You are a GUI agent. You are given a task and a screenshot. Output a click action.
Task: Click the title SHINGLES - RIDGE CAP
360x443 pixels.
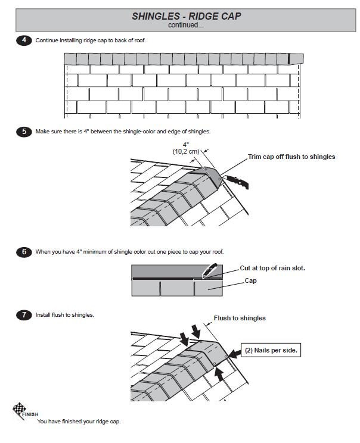click(187, 16)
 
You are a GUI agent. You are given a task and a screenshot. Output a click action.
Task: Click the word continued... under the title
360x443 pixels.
click(186, 25)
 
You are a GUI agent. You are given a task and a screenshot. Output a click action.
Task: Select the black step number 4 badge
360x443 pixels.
click(24, 40)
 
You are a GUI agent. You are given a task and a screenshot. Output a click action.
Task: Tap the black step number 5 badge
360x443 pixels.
click(24, 132)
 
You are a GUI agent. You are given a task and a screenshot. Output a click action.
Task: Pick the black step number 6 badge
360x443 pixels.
click(24, 252)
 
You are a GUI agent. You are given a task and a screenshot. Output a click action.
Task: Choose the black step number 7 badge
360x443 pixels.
click(24, 315)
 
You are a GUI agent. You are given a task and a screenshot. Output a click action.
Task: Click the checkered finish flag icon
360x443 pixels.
click(18, 410)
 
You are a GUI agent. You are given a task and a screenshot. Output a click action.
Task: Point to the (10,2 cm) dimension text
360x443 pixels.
click(186, 151)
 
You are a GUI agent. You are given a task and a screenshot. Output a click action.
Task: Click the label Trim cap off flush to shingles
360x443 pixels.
click(291, 157)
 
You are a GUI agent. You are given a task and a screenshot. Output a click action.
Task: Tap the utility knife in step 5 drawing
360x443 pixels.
click(237, 182)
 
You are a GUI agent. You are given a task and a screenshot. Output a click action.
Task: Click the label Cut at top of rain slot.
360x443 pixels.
click(272, 268)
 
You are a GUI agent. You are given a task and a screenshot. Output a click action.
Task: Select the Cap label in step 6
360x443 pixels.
click(250, 280)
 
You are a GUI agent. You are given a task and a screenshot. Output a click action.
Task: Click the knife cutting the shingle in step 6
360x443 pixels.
click(209, 271)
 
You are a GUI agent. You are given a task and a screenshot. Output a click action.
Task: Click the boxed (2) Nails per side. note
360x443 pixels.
click(271, 350)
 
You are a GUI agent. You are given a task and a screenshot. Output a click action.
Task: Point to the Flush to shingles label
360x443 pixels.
click(240, 318)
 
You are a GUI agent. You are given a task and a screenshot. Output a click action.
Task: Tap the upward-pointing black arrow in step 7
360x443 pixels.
click(219, 374)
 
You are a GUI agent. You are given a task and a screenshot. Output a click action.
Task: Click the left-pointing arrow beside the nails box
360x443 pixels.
click(234, 354)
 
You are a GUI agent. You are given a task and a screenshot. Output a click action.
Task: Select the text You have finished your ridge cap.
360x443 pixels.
click(79, 421)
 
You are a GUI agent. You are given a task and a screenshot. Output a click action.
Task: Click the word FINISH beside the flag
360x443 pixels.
click(30, 414)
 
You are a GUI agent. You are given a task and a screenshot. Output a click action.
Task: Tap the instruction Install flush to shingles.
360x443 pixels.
click(65, 315)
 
